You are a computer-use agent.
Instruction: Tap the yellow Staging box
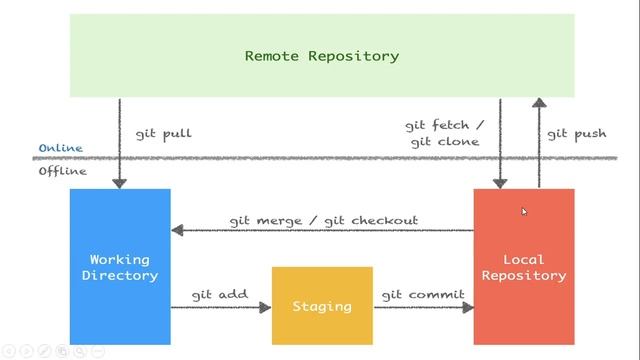click(x=322, y=305)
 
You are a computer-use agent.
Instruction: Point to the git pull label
click(x=163, y=133)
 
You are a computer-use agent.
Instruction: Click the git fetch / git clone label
click(x=444, y=133)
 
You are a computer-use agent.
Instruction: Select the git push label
click(x=576, y=133)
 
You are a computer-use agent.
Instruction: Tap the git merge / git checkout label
click(x=323, y=220)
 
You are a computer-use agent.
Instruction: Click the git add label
click(x=219, y=295)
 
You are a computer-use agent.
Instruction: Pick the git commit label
click(x=423, y=295)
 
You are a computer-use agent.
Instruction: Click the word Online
click(x=60, y=148)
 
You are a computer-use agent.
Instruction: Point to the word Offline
click(x=62, y=171)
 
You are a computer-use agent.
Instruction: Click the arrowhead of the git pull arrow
click(x=120, y=182)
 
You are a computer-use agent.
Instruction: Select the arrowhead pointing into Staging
click(x=265, y=307)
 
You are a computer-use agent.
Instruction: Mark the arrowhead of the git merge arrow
click(x=178, y=230)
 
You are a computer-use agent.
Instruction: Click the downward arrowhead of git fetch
click(x=500, y=182)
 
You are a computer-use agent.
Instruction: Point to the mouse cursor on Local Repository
click(x=524, y=211)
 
